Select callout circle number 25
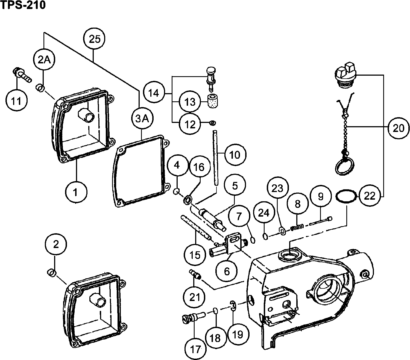click(95, 39)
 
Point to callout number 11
click(17, 101)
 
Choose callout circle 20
click(398, 127)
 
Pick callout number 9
click(320, 196)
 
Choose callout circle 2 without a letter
click(56, 244)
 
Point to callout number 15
click(195, 255)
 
